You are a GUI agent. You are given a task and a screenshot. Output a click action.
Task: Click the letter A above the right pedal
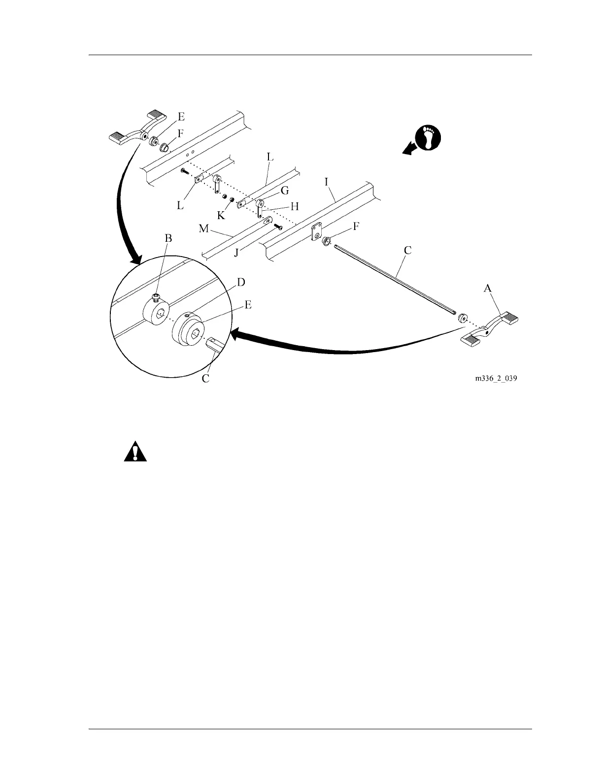[487, 289]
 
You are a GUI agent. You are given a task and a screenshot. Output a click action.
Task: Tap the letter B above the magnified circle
[168, 238]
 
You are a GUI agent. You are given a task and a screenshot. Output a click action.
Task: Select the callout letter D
[241, 283]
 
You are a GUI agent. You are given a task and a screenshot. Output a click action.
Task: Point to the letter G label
[284, 191]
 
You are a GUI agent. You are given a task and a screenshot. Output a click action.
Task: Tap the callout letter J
[236, 253]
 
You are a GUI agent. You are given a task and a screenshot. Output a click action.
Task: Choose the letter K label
[221, 215]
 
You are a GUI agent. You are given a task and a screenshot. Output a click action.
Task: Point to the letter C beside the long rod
[407, 250]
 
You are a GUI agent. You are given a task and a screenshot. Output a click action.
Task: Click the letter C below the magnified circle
[206, 379]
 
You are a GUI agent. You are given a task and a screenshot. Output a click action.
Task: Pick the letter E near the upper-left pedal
[181, 117]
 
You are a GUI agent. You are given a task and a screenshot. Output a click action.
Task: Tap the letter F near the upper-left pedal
[180, 132]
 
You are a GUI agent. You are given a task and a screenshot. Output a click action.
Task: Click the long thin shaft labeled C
[394, 278]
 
